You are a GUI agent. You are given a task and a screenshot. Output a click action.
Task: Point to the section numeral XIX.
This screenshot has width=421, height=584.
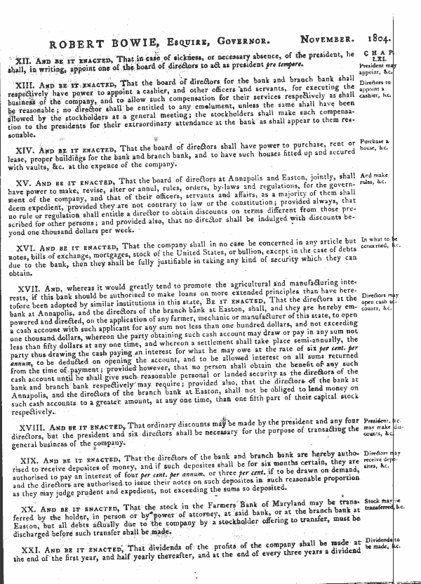(30, 458)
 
